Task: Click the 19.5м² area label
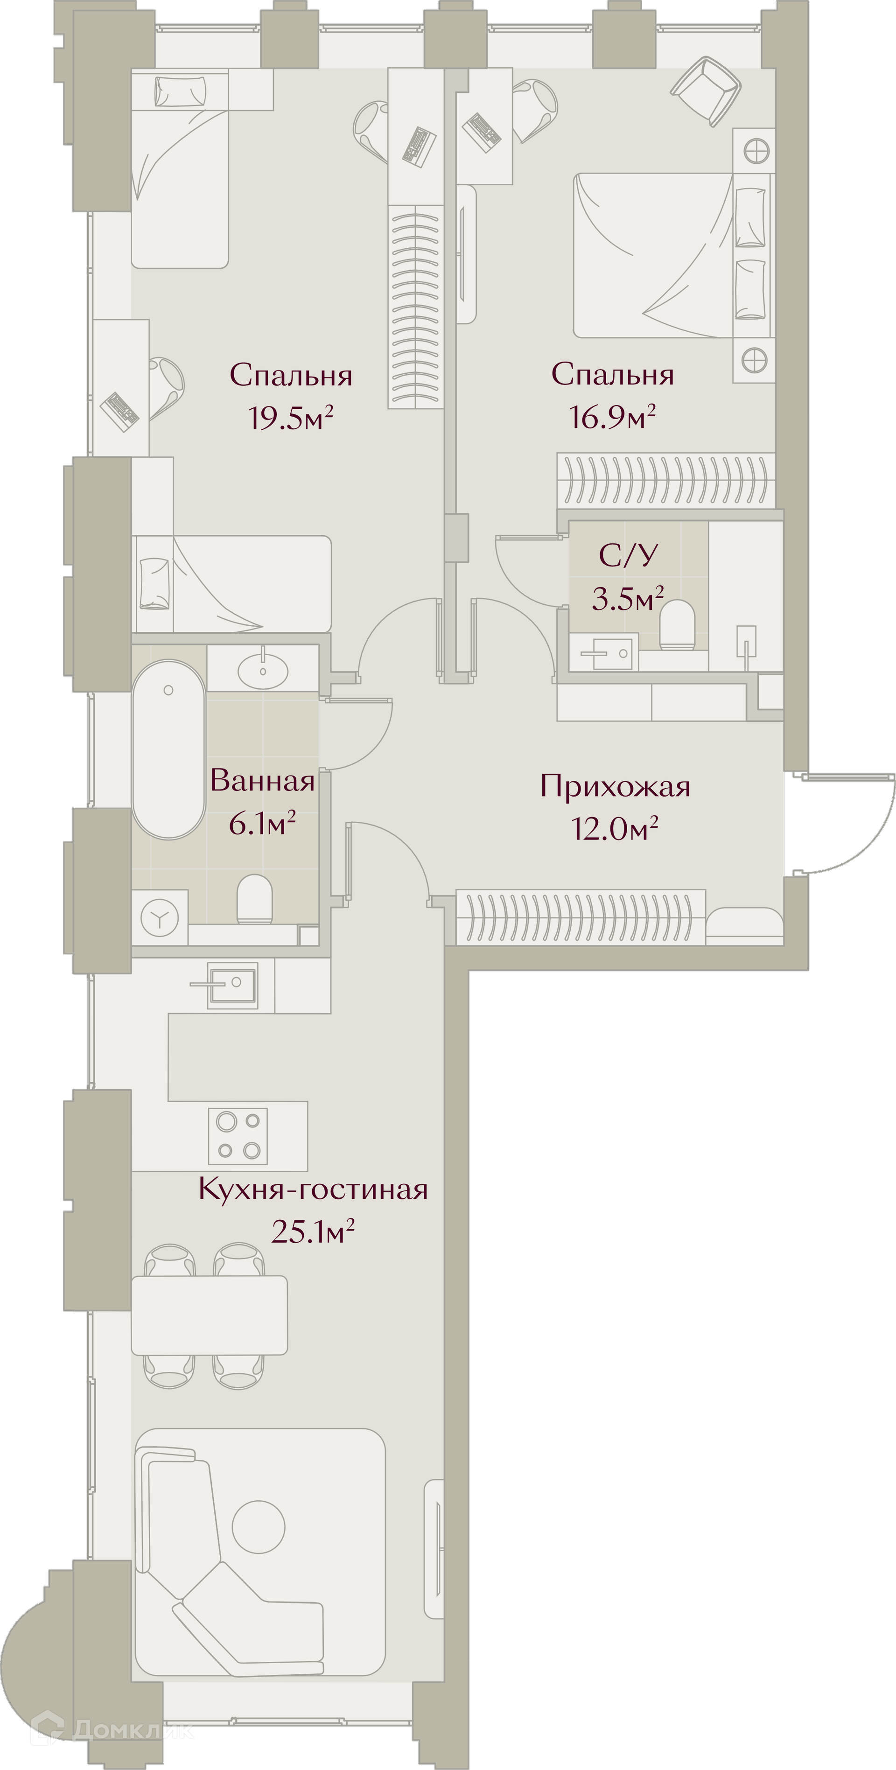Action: pyautogui.click(x=291, y=418)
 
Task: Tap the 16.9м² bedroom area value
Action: pyautogui.click(x=612, y=416)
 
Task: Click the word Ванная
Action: pyautogui.click(x=262, y=781)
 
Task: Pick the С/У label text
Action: pyautogui.click(x=629, y=555)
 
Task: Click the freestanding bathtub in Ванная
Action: pyautogui.click(x=168, y=749)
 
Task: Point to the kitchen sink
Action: pyautogui.click(x=233, y=985)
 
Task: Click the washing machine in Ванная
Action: pyautogui.click(x=160, y=917)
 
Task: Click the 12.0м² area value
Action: pyautogui.click(x=615, y=829)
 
